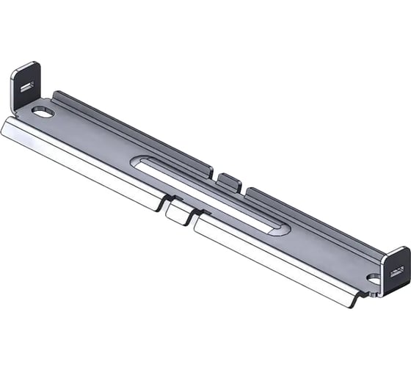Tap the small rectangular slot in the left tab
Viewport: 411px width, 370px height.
26,87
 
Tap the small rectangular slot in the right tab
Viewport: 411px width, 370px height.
397,273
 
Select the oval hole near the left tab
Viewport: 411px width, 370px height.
43,113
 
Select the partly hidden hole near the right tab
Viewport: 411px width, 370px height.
374,280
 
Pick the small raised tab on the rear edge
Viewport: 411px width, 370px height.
228,180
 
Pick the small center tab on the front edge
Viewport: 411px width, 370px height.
177,212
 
